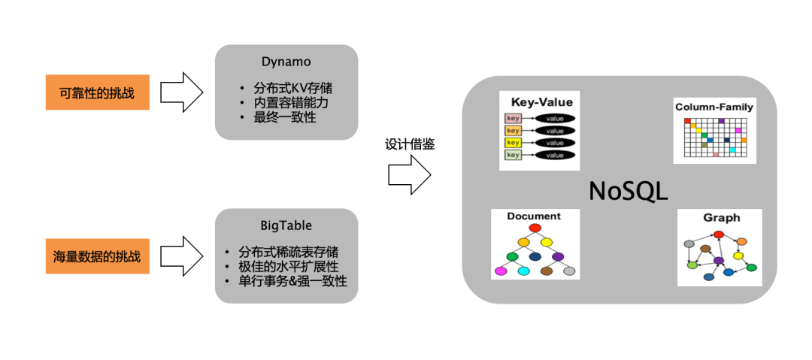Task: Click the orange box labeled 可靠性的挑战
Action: pyautogui.click(x=96, y=92)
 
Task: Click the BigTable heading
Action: pyautogui.click(x=286, y=225)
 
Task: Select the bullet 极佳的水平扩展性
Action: pyautogui.click(x=287, y=266)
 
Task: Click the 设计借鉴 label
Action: pyautogui.click(x=410, y=144)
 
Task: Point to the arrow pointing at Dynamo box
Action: pyautogui.click(x=183, y=92)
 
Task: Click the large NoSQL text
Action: pyautogui.click(x=628, y=191)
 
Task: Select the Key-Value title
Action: pyautogui.click(x=541, y=101)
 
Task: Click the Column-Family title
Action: pyautogui.click(x=714, y=107)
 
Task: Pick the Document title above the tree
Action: pyautogui.click(x=534, y=216)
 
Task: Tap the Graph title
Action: pyautogui.click(x=721, y=218)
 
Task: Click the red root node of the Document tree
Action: pyautogui.click(x=535, y=228)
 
